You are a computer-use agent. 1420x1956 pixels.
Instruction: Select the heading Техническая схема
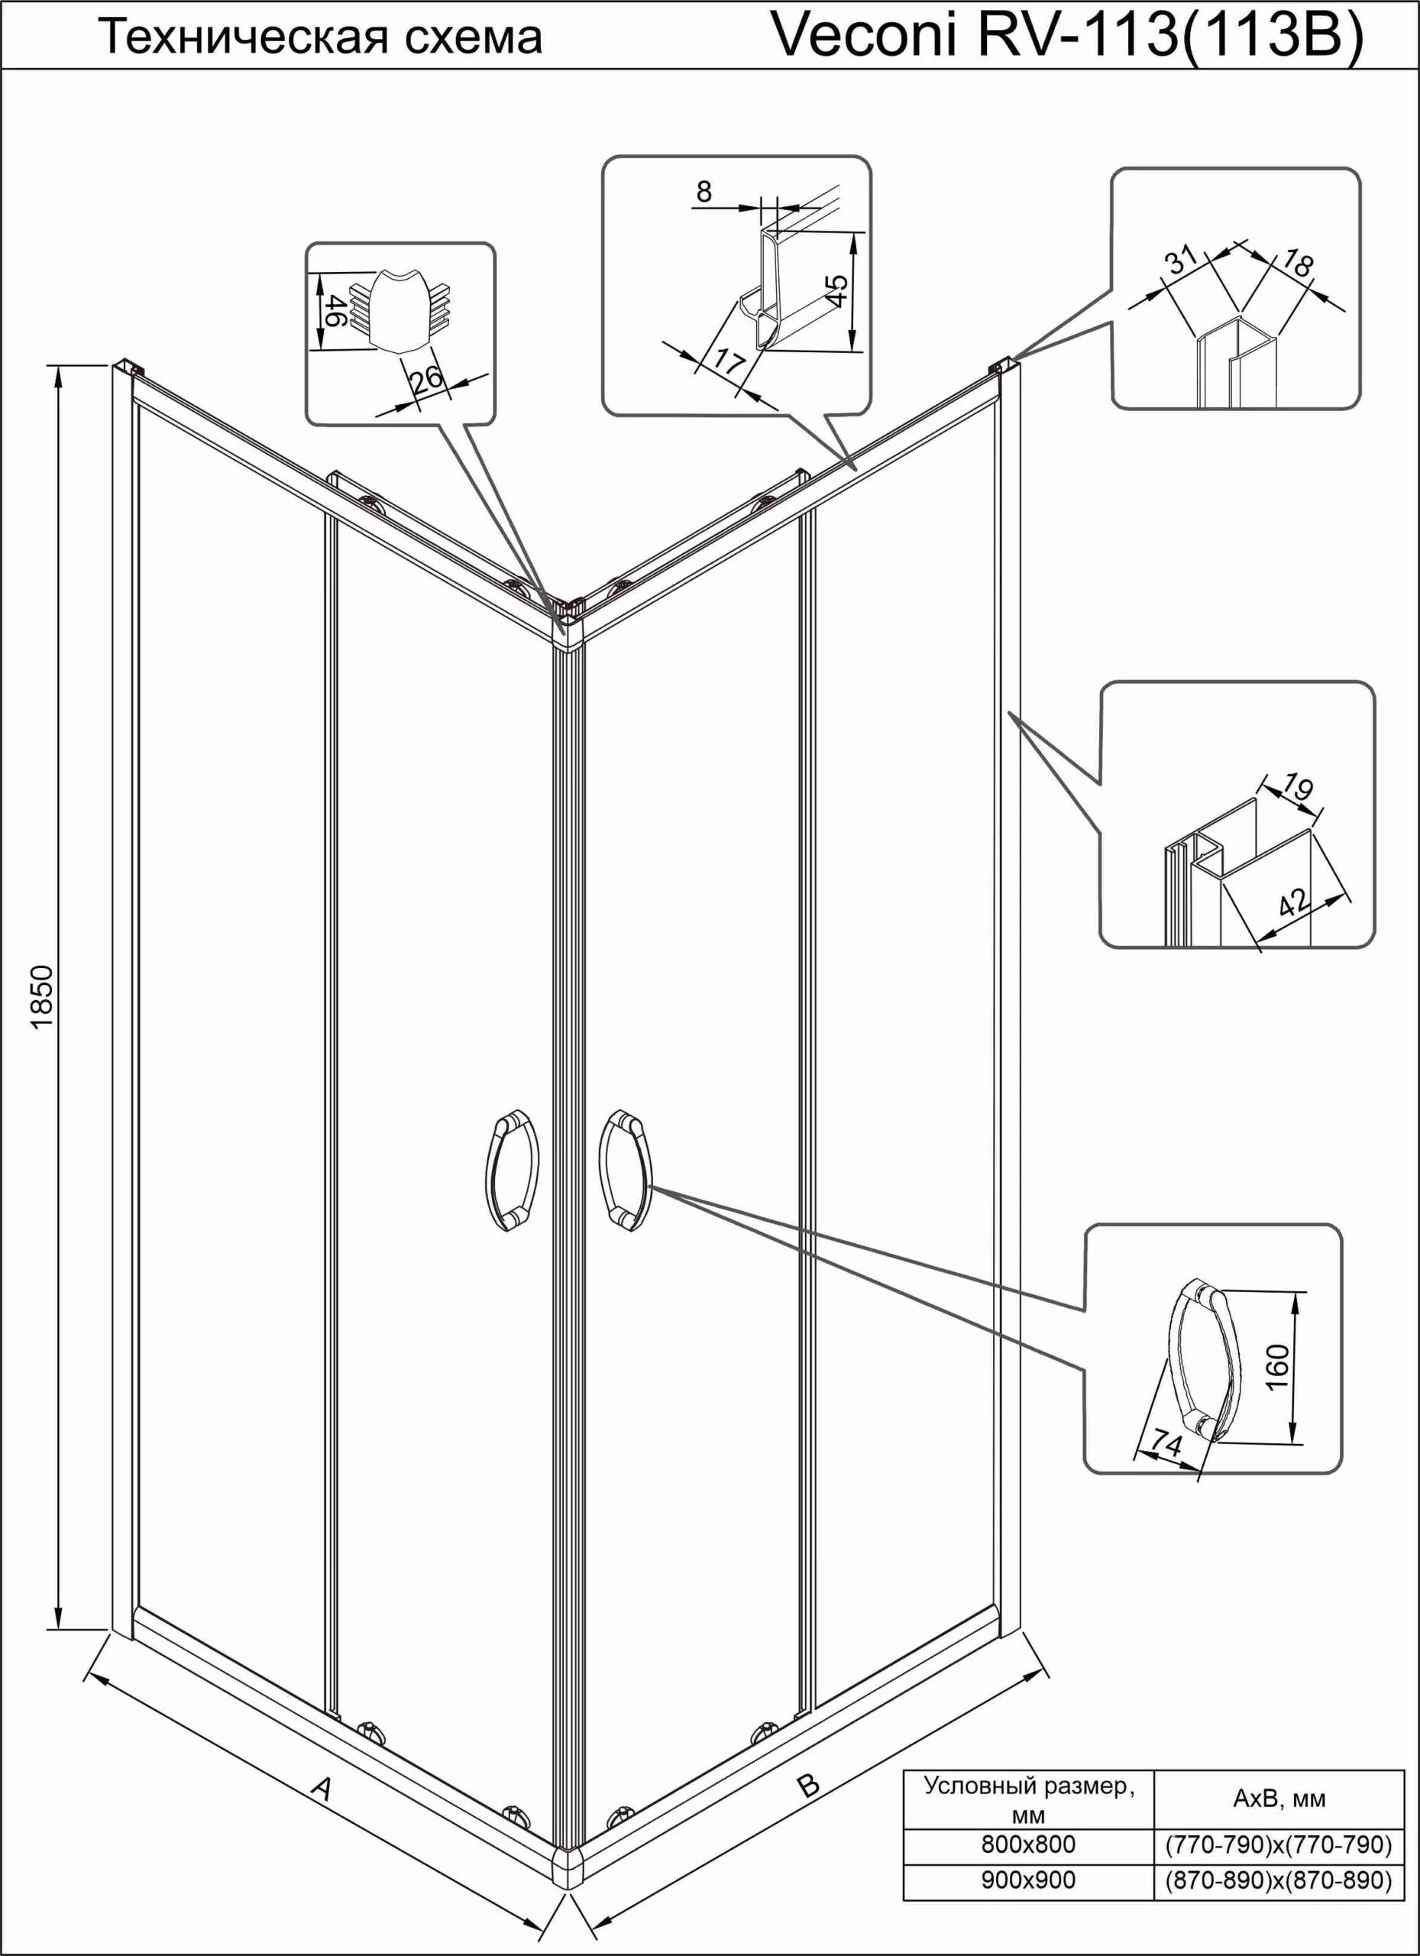coord(321,39)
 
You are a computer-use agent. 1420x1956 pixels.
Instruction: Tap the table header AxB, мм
coord(1279,1798)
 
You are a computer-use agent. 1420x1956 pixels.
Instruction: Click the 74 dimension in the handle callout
coord(1166,1442)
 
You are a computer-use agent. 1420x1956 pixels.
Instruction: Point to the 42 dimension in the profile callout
coord(1294,903)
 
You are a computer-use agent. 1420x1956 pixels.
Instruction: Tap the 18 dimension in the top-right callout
coord(1295,261)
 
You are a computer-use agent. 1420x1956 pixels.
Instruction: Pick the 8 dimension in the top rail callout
coord(704,192)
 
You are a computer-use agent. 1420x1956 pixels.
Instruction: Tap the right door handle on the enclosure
coord(625,1167)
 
